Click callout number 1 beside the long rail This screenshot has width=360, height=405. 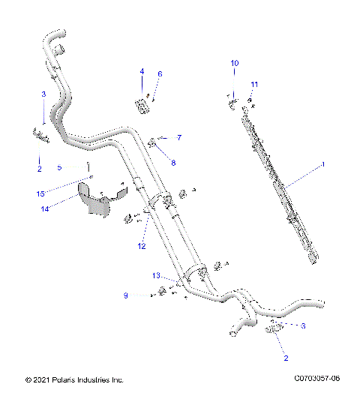[x=323, y=163]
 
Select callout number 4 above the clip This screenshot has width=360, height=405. [x=140, y=70]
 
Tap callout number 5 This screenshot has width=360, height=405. [x=59, y=166]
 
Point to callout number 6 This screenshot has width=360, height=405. [x=159, y=74]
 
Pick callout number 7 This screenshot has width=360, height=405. [x=179, y=137]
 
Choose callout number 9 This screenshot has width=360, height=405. [x=127, y=295]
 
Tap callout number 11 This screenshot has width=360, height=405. [x=254, y=84]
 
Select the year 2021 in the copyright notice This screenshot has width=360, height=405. [x=37, y=379]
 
